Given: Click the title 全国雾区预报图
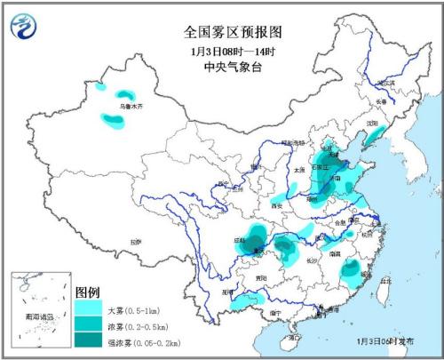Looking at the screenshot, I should point(233,31).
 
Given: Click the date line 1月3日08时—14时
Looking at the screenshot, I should point(233,49).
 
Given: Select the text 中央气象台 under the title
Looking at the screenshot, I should point(233,64).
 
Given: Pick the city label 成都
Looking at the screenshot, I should point(240,239).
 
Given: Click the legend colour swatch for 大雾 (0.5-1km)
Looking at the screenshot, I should point(88,307).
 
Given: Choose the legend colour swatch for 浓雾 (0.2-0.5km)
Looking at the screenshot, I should point(88,322).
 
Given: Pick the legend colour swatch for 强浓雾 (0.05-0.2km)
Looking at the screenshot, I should point(88,337).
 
